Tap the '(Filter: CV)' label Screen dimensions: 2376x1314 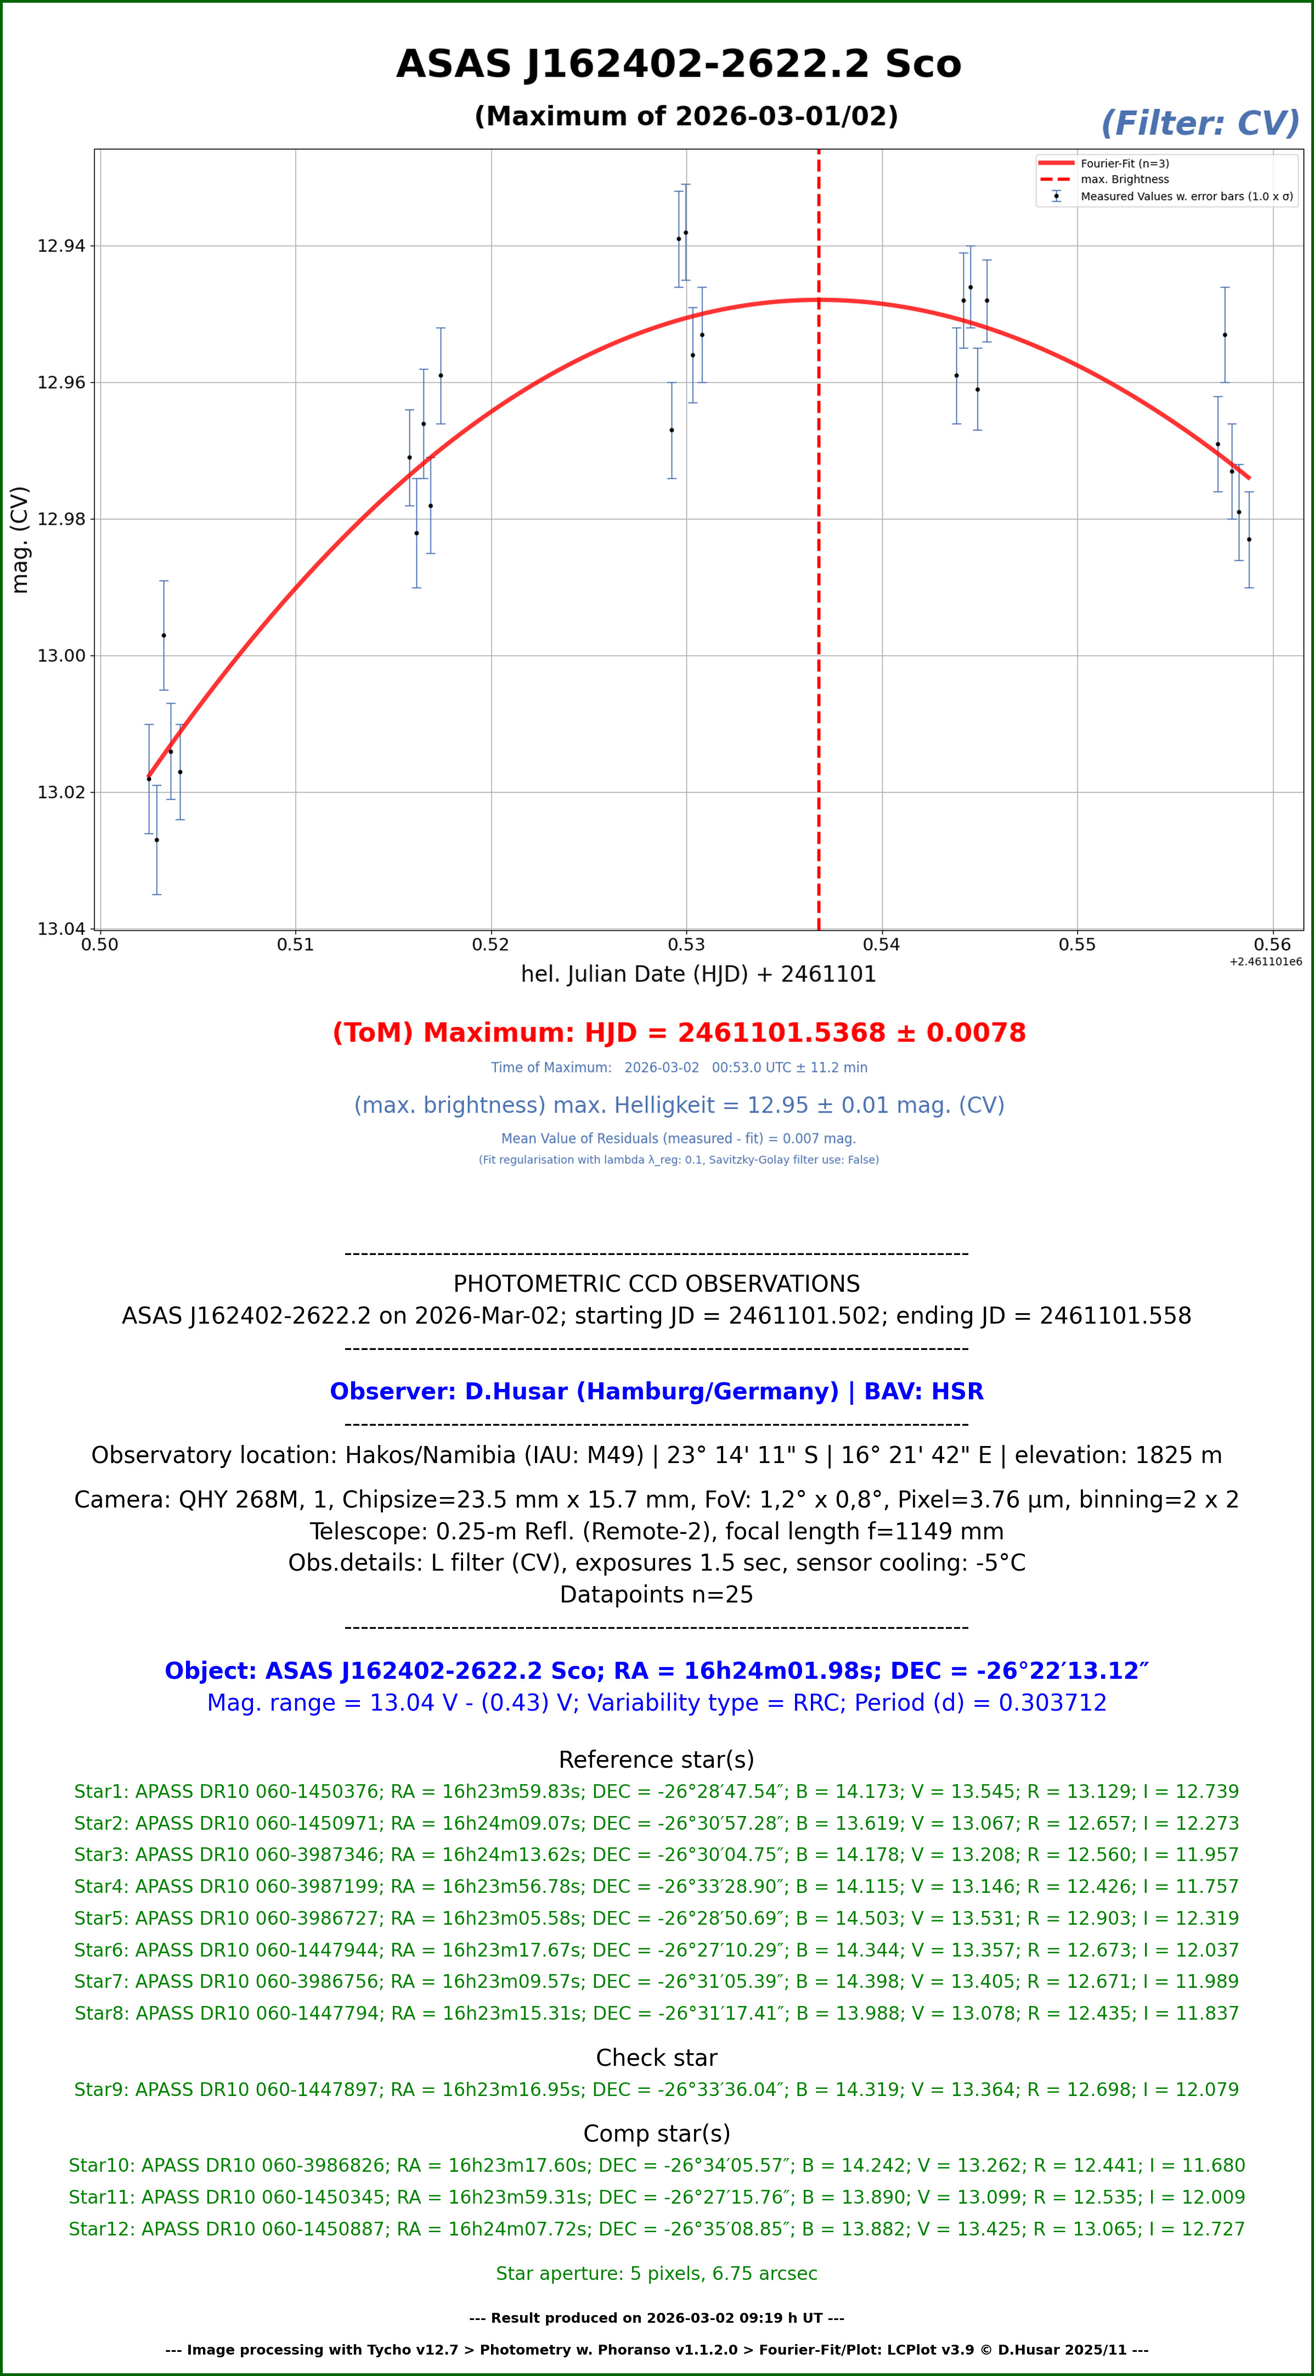point(1199,124)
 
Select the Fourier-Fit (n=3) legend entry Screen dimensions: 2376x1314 point(1124,163)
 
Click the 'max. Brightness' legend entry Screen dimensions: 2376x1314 point(1124,180)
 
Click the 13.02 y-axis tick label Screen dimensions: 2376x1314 point(61,792)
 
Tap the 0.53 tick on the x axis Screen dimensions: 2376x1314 point(686,944)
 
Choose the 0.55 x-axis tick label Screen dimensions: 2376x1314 point(1077,944)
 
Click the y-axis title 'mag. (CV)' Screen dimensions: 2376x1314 point(19,540)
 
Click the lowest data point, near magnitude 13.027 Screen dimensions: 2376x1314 point(157,839)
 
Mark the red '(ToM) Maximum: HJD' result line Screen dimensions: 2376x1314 point(679,1033)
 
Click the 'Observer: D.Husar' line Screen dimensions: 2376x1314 point(657,1392)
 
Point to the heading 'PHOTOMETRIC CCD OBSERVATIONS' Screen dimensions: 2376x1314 point(657,1284)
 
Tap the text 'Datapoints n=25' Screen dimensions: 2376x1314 point(657,1595)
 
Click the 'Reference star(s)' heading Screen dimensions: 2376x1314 point(657,1760)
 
